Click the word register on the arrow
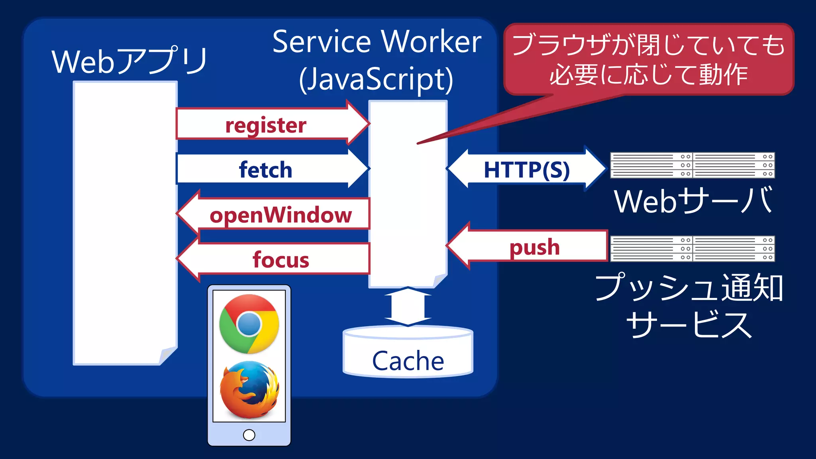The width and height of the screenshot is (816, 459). pyautogui.click(x=266, y=126)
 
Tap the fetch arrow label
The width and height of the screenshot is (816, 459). pyautogui.click(x=266, y=170)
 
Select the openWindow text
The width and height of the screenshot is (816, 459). pyautogui.click(x=280, y=215)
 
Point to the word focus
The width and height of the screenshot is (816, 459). pyautogui.click(x=280, y=260)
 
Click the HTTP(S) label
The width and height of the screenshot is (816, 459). pyautogui.click(x=527, y=170)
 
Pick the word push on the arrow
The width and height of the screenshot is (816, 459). pyautogui.click(x=535, y=247)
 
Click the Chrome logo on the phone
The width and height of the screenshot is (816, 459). pyautogui.click(x=249, y=324)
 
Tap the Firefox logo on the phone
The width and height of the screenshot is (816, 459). pyautogui.click(x=249, y=390)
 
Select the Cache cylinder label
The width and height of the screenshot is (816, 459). pyautogui.click(x=408, y=361)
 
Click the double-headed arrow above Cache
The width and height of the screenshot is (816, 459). pyautogui.click(x=408, y=306)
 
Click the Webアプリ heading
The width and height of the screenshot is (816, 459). pyautogui.click(x=129, y=61)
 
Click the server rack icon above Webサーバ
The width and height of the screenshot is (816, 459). pyautogui.click(x=692, y=165)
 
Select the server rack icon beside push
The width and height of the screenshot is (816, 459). pyautogui.click(x=692, y=249)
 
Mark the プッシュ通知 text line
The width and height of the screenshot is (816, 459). pyautogui.click(x=689, y=288)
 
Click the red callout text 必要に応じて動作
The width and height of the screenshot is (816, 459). pyautogui.click(x=649, y=75)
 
